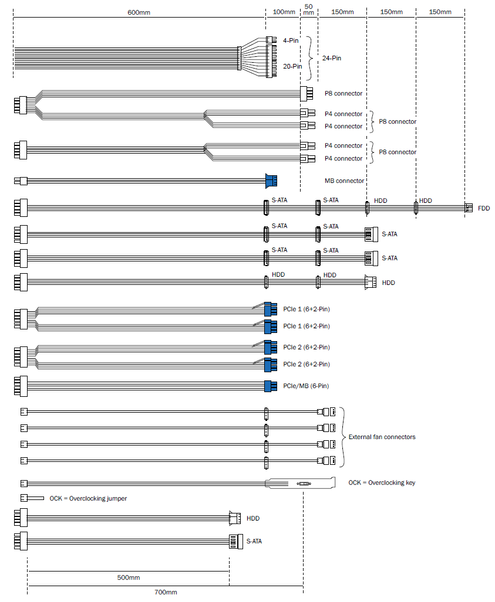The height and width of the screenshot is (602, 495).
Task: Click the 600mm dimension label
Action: coord(139,12)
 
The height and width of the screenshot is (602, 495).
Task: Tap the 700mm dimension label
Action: coord(166,593)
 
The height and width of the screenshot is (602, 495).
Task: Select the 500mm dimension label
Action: coord(129,577)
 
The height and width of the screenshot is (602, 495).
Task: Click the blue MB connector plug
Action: coord(271,181)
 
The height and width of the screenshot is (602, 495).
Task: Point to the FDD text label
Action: coord(484,208)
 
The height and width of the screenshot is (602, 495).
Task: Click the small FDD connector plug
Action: coord(469,208)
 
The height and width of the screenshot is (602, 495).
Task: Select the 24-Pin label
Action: coord(332,58)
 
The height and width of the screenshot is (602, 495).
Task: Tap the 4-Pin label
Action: coord(291,40)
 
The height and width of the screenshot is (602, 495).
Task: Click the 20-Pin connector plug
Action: coord(271,61)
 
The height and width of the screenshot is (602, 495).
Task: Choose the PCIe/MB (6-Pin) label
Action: coord(306,386)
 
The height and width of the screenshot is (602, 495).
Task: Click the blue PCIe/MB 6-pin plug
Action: coord(271,386)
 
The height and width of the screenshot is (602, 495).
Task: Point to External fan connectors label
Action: coord(382,437)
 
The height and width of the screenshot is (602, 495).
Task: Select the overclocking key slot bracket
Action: coord(300,483)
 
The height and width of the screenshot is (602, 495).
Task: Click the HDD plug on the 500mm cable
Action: coord(235,518)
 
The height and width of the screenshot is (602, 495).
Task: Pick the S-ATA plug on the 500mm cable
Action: coord(236,542)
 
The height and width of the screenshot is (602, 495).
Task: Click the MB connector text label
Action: coord(344,181)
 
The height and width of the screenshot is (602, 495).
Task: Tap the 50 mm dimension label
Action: coord(308,9)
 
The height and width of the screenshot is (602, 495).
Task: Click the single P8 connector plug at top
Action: coord(307,93)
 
